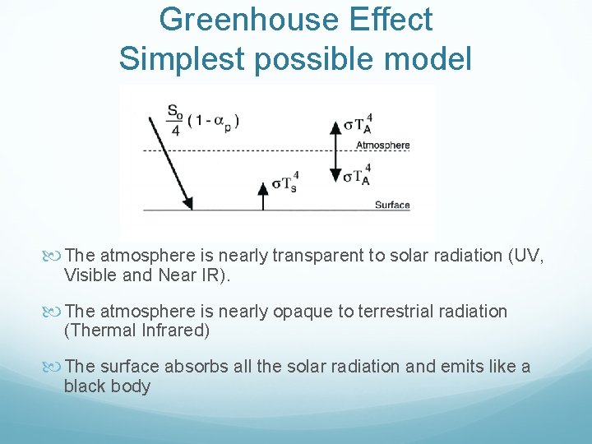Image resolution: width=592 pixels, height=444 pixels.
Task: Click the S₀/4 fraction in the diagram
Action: [174, 120]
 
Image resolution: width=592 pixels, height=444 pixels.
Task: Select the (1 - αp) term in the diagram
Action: [214, 121]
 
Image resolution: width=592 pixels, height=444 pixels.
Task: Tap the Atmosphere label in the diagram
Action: [382, 146]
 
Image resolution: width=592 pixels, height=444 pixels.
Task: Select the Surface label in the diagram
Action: [392, 205]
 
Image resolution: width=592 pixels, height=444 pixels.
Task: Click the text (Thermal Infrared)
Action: [137, 331]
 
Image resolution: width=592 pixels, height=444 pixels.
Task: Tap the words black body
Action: [108, 386]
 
